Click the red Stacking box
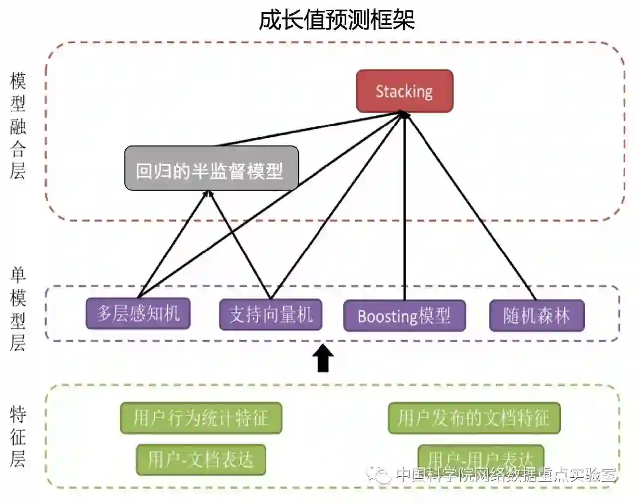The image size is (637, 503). coord(404,91)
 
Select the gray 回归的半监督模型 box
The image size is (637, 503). coord(211,168)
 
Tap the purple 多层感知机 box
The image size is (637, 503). coord(138,314)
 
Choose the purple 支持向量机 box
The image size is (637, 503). coord(271,314)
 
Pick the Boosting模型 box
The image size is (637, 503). coord(404,316)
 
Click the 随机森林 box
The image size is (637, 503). coord(536,316)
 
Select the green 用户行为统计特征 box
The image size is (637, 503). coord(201,418)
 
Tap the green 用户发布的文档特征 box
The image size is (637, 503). coord(474,418)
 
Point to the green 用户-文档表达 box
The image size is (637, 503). coord(201,459)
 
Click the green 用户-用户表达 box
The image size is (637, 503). coord(481,456)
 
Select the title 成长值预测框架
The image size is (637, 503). coord(336,20)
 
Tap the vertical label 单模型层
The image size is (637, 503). coord(18,309)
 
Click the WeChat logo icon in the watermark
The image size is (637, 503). coord(381,475)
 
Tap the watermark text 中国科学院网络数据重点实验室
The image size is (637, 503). coord(505,475)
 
